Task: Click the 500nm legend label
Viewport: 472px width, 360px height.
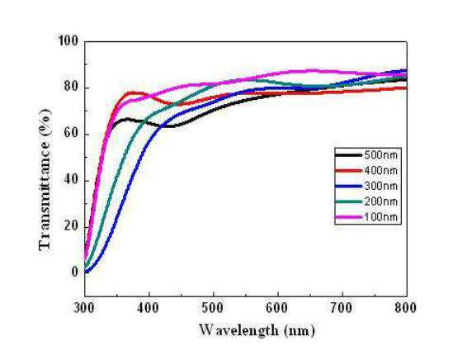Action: click(x=381, y=155)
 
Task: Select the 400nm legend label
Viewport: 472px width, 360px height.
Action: click(x=381, y=171)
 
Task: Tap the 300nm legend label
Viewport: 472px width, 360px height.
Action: click(x=381, y=186)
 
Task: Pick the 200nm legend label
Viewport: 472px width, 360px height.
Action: click(x=381, y=201)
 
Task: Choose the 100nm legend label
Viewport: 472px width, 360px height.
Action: click(x=381, y=217)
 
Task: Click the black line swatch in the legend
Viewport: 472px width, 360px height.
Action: click(x=348, y=155)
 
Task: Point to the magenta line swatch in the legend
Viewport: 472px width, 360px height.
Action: click(x=348, y=217)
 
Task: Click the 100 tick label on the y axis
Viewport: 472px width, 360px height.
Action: click(x=68, y=41)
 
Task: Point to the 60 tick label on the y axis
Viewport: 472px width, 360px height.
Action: click(x=72, y=134)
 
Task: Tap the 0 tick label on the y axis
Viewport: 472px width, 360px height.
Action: click(x=75, y=272)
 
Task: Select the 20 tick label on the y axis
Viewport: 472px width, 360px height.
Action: click(x=72, y=226)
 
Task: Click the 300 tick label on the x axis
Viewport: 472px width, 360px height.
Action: click(x=85, y=308)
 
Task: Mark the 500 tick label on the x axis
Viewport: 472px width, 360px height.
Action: click(x=214, y=308)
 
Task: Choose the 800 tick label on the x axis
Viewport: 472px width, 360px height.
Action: click(x=406, y=308)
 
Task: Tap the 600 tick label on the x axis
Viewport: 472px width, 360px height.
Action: click(x=278, y=308)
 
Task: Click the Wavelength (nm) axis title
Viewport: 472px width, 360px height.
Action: click(x=257, y=330)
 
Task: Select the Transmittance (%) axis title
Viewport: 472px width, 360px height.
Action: click(x=45, y=179)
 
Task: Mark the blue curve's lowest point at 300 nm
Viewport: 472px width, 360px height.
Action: click(x=87, y=272)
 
